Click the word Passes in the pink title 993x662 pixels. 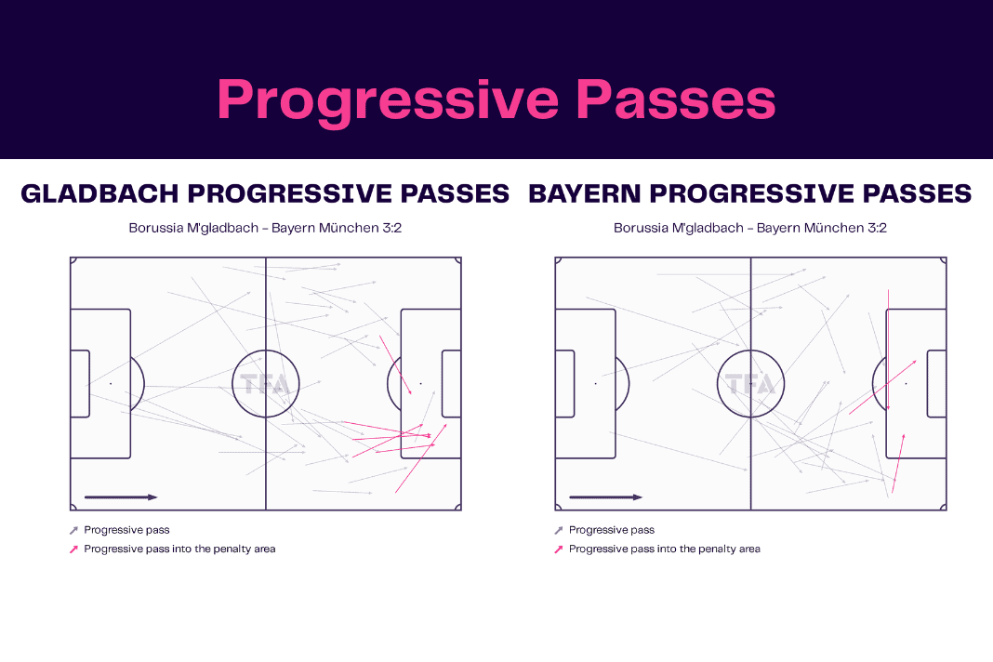tap(676, 99)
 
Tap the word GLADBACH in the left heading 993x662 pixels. tap(100, 193)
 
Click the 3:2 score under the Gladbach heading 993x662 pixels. tap(392, 228)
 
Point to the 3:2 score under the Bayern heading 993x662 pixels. tap(877, 228)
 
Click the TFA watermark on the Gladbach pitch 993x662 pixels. tap(266, 385)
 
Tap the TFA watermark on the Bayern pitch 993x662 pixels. tap(751, 385)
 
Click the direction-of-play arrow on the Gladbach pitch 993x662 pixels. tap(121, 497)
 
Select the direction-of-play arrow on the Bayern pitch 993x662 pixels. tap(606, 497)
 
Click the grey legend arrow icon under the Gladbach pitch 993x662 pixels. tap(73, 530)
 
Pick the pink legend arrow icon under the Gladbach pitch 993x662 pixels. tap(73, 549)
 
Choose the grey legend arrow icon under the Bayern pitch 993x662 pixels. tap(559, 530)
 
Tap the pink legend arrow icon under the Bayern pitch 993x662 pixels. tap(559, 549)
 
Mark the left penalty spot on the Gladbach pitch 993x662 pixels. tap(111, 384)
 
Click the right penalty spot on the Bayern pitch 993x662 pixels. tap(907, 384)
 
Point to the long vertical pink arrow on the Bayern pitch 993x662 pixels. tap(889, 350)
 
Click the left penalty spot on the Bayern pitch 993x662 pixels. tap(596, 384)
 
